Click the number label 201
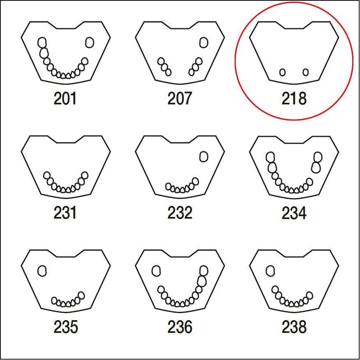(65, 99)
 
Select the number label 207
(180, 99)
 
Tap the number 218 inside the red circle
(294, 99)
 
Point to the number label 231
(65, 213)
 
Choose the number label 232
(180, 213)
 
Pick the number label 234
(294, 213)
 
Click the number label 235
(65, 327)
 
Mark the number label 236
(180, 327)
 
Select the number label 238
(294, 327)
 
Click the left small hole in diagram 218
(282, 72)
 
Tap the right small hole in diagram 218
(305, 72)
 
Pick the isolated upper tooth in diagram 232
(203, 157)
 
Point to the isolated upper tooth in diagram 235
(42, 271)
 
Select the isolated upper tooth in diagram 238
(270, 271)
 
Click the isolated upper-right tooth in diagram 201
(90, 42)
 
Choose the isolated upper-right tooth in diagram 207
(203, 42)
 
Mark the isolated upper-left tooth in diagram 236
(156, 271)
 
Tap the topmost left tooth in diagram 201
(42, 42)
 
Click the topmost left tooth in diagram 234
(270, 157)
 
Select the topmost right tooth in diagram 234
(318, 157)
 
